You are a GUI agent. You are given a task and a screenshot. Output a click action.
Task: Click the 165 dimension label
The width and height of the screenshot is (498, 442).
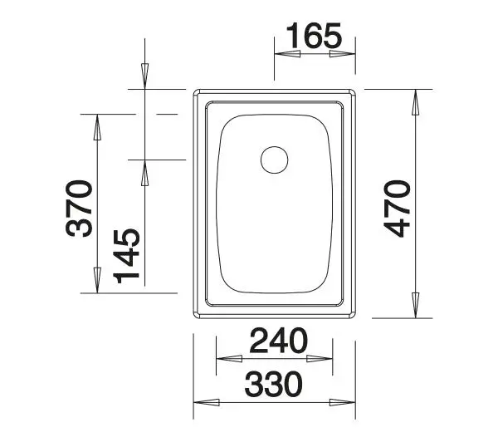click(x=314, y=36)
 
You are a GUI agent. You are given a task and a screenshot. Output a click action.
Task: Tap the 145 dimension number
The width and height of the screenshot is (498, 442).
click(x=127, y=253)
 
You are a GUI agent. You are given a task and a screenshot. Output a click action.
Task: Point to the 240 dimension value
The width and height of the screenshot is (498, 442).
click(x=276, y=340)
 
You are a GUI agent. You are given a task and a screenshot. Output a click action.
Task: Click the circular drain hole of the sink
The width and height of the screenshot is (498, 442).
click(x=273, y=158)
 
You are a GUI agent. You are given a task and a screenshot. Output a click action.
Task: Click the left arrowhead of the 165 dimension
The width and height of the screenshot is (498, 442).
click(x=286, y=54)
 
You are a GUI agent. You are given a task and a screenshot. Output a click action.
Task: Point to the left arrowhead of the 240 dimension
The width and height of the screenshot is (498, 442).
click(x=227, y=359)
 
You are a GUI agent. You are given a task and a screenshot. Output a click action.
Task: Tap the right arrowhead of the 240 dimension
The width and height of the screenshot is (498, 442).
click(x=324, y=359)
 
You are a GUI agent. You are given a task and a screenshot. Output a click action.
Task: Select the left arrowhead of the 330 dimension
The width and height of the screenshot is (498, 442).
click(x=206, y=402)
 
